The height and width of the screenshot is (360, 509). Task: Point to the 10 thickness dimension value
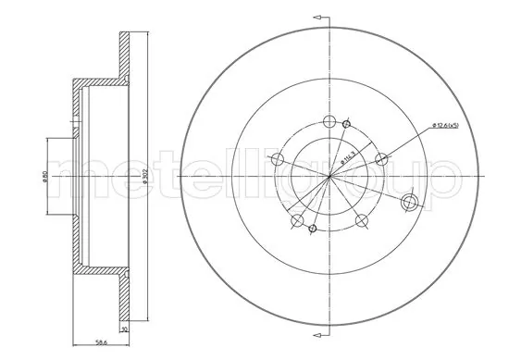pos(125,328)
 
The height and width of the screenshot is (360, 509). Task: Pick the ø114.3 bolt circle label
pos(344,158)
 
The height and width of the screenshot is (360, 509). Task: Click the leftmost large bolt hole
pos(277,159)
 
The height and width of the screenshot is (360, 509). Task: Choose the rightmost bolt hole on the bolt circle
pos(379,158)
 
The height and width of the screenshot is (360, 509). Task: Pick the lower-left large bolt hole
pos(296,220)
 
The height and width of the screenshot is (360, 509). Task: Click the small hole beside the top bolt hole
pos(347,124)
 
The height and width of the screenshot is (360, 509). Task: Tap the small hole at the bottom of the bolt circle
pos(313,229)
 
